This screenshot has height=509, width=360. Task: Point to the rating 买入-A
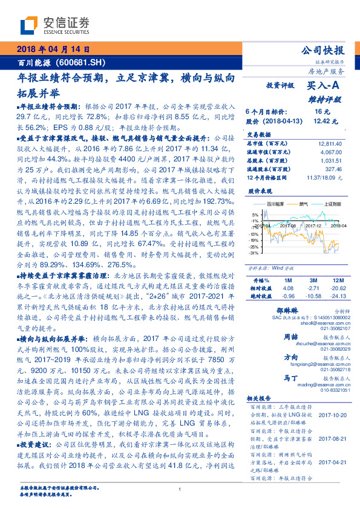(324, 86)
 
